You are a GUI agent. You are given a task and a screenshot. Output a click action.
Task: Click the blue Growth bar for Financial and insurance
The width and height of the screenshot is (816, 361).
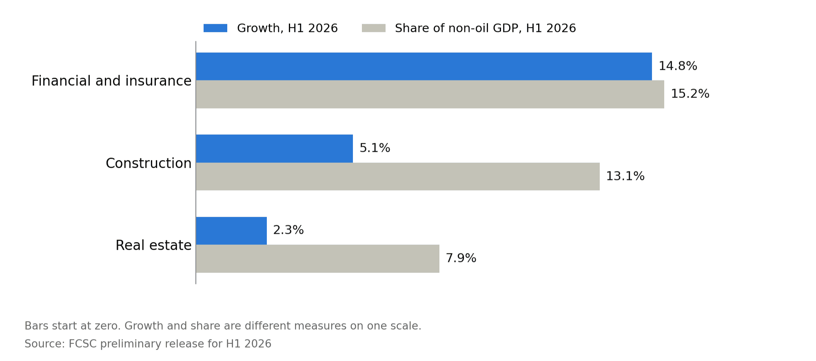click(x=424, y=66)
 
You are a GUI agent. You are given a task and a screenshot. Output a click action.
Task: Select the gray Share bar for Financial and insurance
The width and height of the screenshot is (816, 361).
click(x=430, y=94)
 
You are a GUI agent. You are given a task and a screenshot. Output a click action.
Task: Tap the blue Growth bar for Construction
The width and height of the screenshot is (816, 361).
click(x=275, y=148)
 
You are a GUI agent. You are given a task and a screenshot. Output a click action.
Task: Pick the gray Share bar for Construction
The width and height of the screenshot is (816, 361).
click(x=398, y=177)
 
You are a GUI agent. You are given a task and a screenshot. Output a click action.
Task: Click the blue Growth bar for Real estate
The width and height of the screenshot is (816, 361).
click(x=231, y=231)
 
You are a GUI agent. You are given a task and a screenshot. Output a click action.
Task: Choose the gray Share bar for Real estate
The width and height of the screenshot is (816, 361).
click(x=318, y=259)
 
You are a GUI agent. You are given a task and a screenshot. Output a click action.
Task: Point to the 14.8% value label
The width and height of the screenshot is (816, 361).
click(x=678, y=66)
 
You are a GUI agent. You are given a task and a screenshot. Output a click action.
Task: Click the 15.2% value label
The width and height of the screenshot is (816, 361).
click(x=690, y=94)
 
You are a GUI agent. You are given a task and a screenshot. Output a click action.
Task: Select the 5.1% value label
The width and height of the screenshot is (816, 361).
click(x=375, y=148)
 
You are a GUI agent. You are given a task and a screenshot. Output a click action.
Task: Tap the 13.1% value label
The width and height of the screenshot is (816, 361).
click(x=625, y=176)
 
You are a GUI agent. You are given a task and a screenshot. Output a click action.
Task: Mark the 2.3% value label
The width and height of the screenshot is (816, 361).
click(x=288, y=230)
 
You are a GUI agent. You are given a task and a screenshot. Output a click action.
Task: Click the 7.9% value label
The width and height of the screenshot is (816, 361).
click(x=461, y=258)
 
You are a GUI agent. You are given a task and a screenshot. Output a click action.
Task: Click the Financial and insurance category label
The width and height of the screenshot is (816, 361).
click(x=111, y=81)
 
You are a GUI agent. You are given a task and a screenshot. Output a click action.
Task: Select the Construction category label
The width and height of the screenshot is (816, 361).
click(x=149, y=163)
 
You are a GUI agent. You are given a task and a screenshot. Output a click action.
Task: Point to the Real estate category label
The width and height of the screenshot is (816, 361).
click(x=153, y=245)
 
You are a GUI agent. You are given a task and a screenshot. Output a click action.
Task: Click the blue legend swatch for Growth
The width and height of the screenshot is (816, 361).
click(x=215, y=28)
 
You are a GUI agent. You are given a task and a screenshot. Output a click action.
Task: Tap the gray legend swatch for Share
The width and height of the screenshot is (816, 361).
click(x=374, y=28)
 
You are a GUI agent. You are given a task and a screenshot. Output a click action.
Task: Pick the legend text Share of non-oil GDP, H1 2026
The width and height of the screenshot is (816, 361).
click(x=486, y=28)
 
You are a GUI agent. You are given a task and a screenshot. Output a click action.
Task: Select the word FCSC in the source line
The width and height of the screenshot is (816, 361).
click(x=82, y=344)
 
